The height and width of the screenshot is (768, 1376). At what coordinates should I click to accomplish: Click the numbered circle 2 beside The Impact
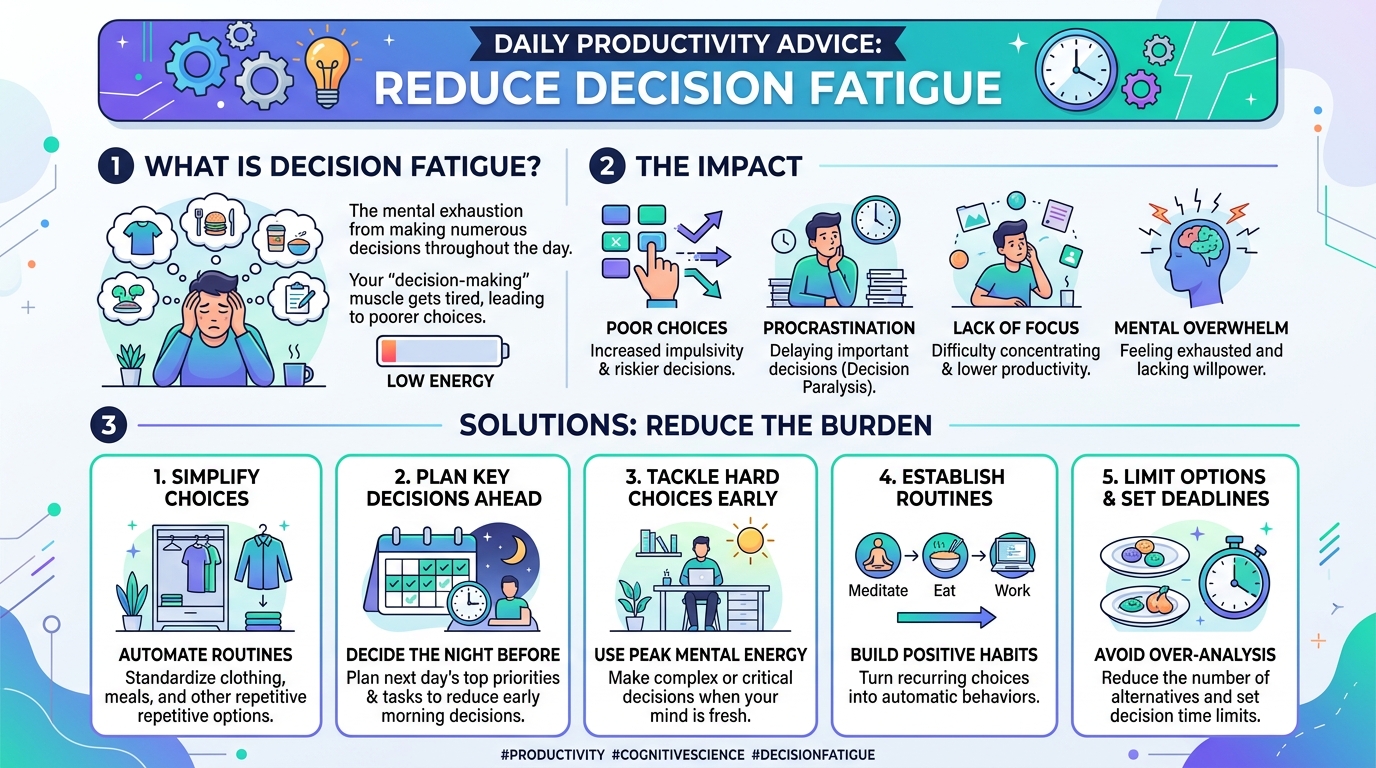(x=607, y=166)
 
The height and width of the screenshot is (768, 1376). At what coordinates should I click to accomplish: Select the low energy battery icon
(x=442, y=351)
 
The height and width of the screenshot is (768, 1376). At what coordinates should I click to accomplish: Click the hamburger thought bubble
(x=215, y=222)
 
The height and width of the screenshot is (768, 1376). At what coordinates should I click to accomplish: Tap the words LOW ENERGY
(x=440, y=381)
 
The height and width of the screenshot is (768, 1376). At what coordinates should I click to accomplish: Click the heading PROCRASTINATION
(x=838, y=328)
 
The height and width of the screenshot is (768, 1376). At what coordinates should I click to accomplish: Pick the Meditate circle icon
(x=878, y=556)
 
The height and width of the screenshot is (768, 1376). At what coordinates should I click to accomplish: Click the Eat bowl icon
(x=945, y=556)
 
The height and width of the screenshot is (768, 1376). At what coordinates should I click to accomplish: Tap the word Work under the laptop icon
(x=1012, y=590)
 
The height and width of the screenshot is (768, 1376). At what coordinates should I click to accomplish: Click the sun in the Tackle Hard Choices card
(x=750, y=541)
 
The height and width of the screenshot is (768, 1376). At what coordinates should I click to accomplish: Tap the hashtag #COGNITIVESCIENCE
(x=678, y=754)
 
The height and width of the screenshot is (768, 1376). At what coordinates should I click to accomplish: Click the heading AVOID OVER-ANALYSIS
(x=1185, y=655)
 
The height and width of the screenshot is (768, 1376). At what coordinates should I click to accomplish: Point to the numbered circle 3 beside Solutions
(x=109, y=425)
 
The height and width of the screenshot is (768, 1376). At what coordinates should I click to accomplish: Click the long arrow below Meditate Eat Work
(x=946, y=617)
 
